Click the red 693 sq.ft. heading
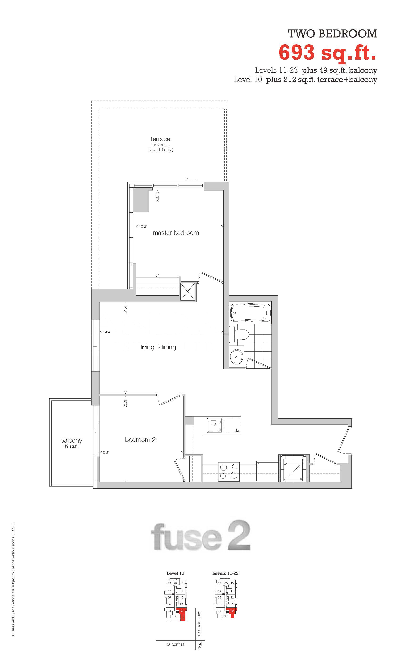(328, 53)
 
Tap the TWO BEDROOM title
(333, 34)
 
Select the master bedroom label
(175, 233)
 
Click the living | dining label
(158, 347)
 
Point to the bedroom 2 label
(140, 440)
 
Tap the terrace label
(160, 139)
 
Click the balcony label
(71, 440)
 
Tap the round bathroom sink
(237, 356)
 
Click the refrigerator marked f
(267, 471)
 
